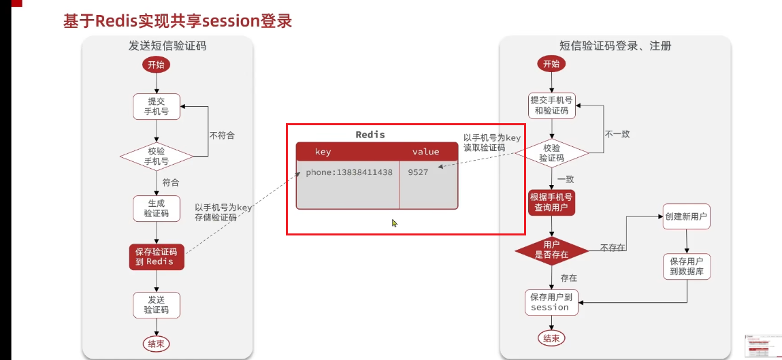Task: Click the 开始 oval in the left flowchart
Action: coord(156,65)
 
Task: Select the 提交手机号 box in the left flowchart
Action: coord(157,106)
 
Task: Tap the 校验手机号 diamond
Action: coord(157,157)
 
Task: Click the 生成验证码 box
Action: coord(157,208)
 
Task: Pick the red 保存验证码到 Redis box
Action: coord(157,257)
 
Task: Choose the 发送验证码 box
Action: coord(157,305)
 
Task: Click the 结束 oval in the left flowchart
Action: coord(156,344)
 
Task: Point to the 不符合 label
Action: coord(222,135)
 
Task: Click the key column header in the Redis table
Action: coord(323,152)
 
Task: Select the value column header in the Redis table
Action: coord(426,152)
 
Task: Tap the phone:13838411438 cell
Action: coord(348,172)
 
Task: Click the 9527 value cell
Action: coord(418,172)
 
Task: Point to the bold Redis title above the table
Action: coord(370,135)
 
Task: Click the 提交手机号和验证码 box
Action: coord(552,106)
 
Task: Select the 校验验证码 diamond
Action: coord(552,152)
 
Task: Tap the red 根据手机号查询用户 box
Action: coord(552,202)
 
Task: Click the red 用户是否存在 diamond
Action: coord(552,249)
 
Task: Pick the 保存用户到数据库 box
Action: coord(687,266)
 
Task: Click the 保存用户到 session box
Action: coord(551,302)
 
